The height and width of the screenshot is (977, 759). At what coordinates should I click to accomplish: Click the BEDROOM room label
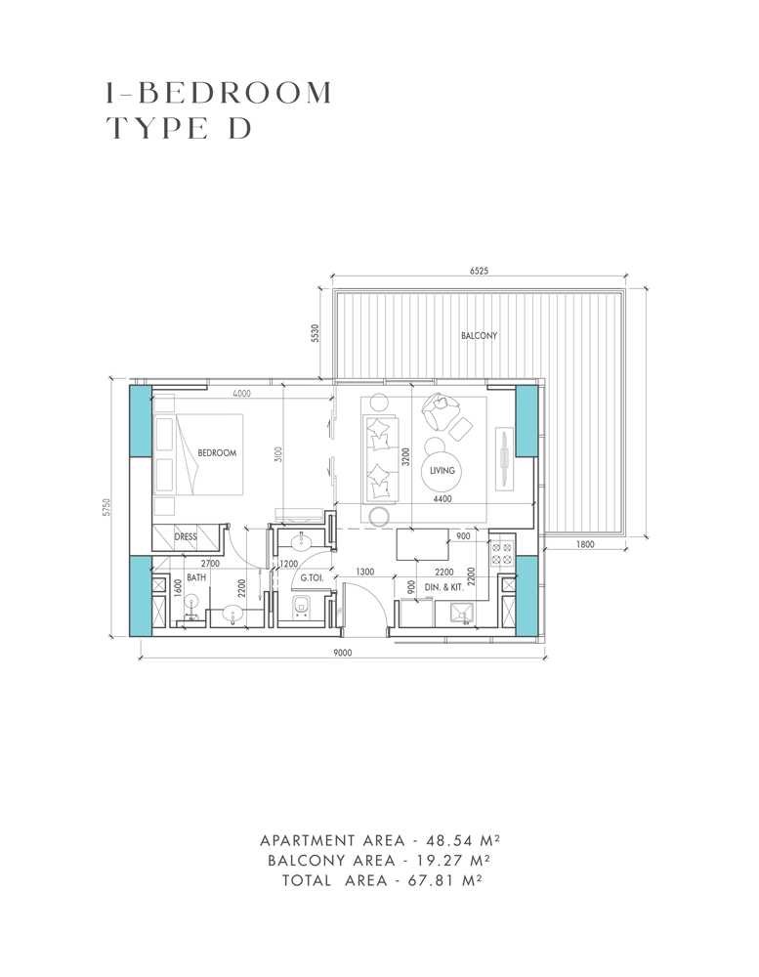[x=218, y=453]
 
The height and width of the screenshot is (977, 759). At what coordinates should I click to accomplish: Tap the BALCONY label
[x=480, y=336]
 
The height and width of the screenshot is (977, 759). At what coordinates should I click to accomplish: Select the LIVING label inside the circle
[x=443, y=471]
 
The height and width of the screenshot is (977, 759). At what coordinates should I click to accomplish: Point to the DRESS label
[x=186, y=537]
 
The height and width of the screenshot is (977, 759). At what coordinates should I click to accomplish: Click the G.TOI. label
[x=312, y=577]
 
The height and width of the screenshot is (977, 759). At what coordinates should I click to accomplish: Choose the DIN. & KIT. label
[x=444, y=587]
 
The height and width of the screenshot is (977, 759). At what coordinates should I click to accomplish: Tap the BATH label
[x=196, y=577]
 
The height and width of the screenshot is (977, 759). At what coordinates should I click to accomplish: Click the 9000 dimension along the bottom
[x=341, y=653]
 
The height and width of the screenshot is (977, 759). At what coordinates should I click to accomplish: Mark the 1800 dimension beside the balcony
[x=585, y=545]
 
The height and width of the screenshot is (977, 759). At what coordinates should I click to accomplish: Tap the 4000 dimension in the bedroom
[x=242, y=394]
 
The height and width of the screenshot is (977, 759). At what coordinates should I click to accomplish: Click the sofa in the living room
[x=381, y=455]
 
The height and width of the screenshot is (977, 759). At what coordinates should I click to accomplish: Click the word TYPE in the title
[x=155, y=128]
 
